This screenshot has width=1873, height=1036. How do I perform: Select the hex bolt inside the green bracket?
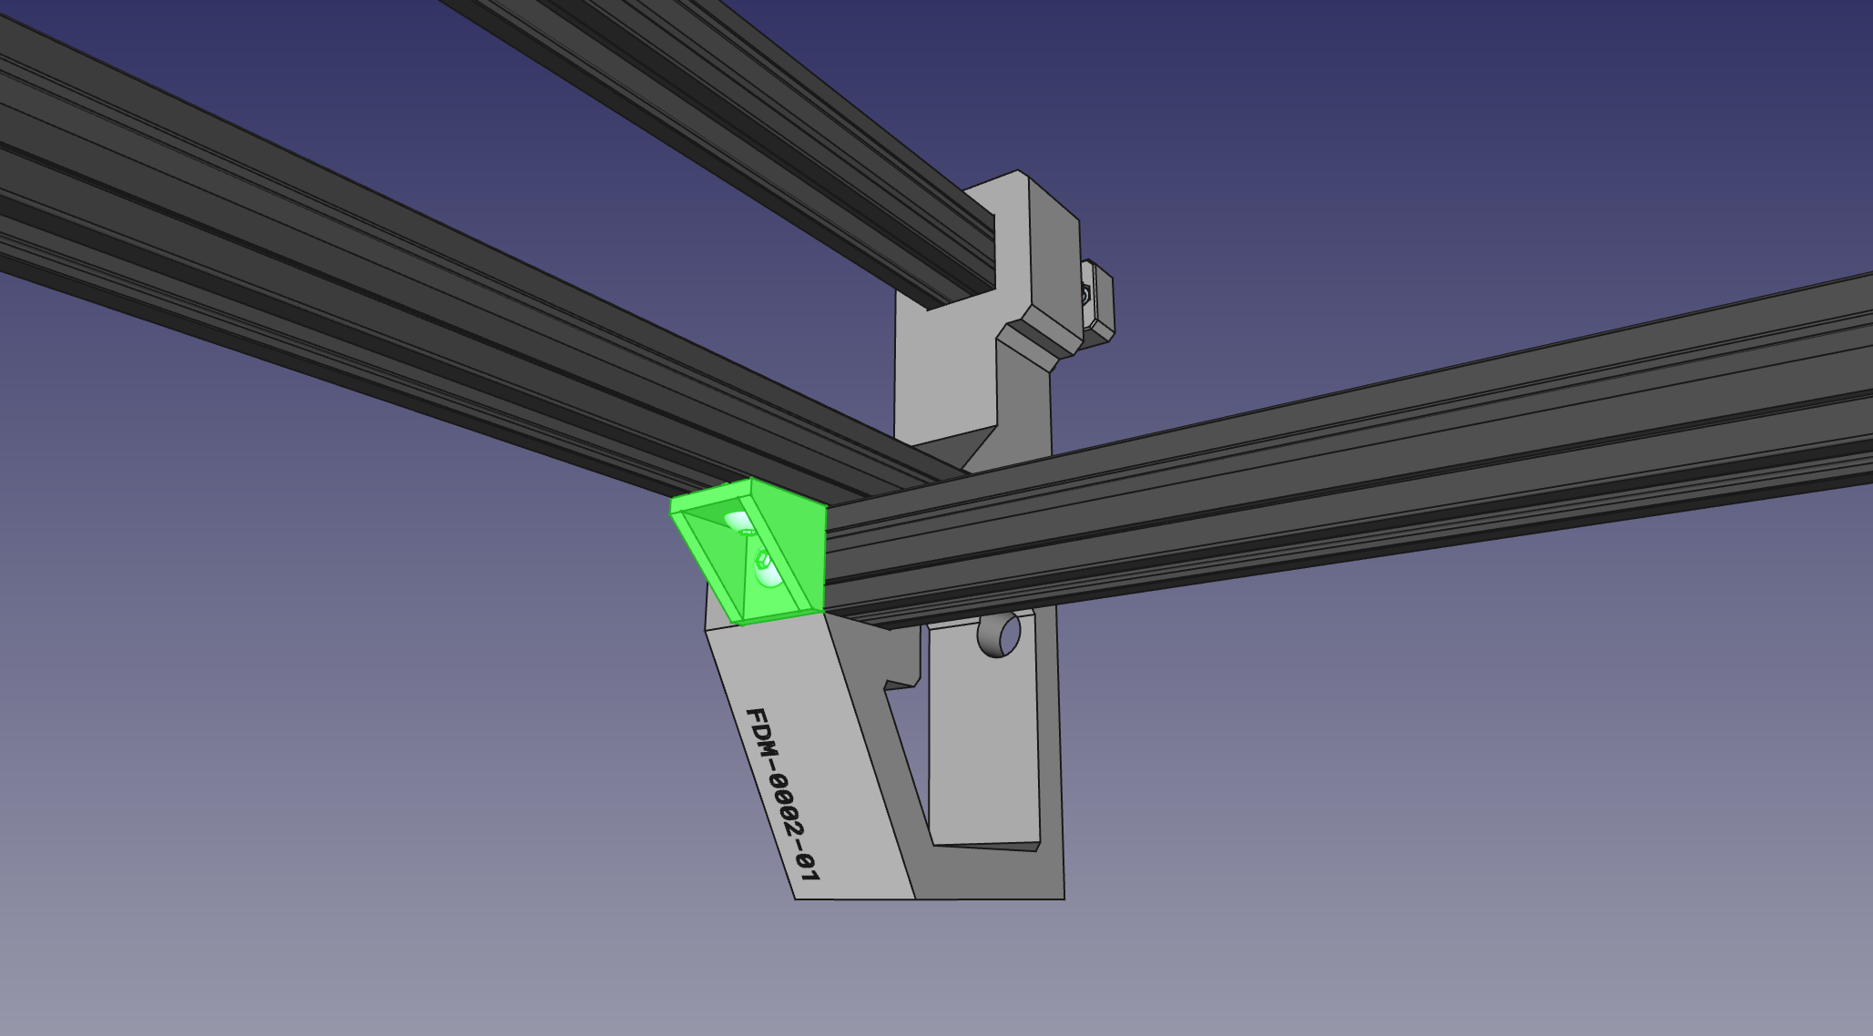tap(762, 557)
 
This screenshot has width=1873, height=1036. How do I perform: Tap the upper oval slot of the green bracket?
tap(739, 522)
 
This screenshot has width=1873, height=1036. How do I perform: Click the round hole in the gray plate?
tap(999, 635)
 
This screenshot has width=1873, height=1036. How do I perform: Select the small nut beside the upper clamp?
tap(1085, 294)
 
